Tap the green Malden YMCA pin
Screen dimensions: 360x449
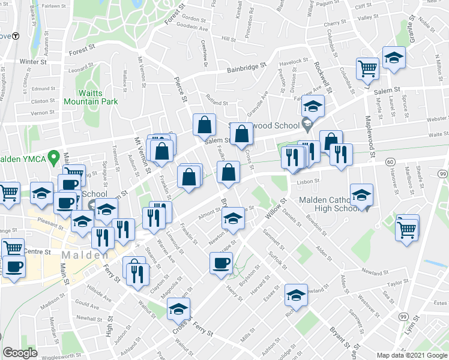point(53,158)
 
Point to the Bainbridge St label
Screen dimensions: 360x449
point(246,68)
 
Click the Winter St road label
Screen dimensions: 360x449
point(33,62)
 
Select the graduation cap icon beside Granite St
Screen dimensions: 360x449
point(394,58)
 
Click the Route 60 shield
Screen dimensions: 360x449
point(390,163)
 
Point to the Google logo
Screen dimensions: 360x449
point(20,353)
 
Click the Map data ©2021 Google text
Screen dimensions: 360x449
point(412,355)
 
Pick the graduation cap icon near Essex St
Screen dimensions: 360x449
point(296,295)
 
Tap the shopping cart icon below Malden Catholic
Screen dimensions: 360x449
point(407,228)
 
